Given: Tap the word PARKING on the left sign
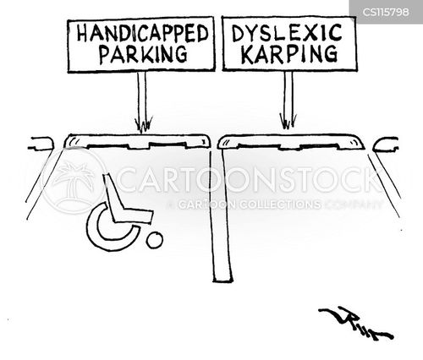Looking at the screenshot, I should tap(141, 56).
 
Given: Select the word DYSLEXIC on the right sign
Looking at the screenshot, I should tap(289, 33).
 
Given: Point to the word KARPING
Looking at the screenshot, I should tap(289, 56).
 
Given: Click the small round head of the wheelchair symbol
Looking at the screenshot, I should tap(154, 241).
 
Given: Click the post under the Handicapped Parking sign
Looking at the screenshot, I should tap(141, 97).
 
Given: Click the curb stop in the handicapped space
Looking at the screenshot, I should tap(137, 140).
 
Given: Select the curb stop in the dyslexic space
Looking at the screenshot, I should tap(290, 141).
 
